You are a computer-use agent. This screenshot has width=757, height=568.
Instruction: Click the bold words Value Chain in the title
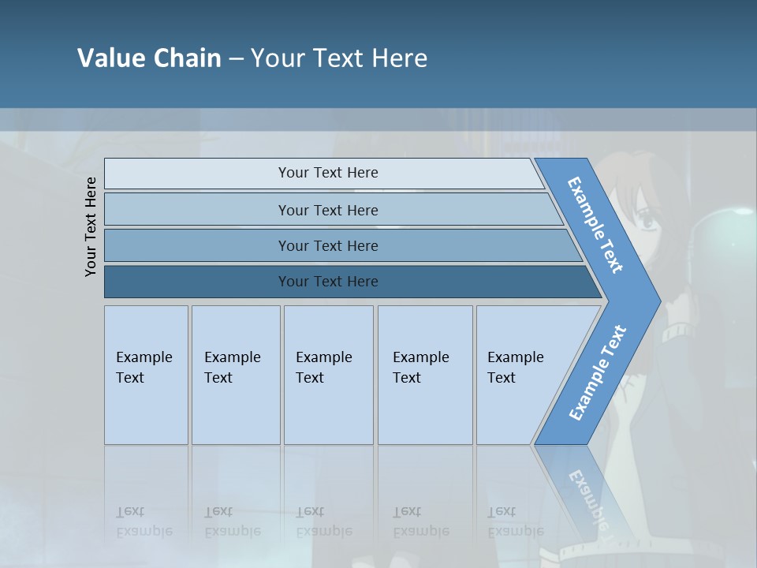tap(149, 58)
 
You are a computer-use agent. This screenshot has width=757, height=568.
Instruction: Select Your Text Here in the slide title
tap(339, 58)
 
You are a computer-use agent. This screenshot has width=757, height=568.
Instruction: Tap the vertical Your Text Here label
tap(91, 226)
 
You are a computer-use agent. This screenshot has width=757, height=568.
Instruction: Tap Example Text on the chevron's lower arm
tap(597, 373)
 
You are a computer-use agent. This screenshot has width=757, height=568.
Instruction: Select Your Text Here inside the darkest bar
tap(328, 282)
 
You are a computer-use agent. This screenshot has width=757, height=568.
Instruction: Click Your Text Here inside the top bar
tap(328, 173)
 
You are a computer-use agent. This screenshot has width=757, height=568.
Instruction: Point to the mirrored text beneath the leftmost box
tap(144, 521)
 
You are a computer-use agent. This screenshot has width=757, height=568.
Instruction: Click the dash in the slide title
tap(236, 59)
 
